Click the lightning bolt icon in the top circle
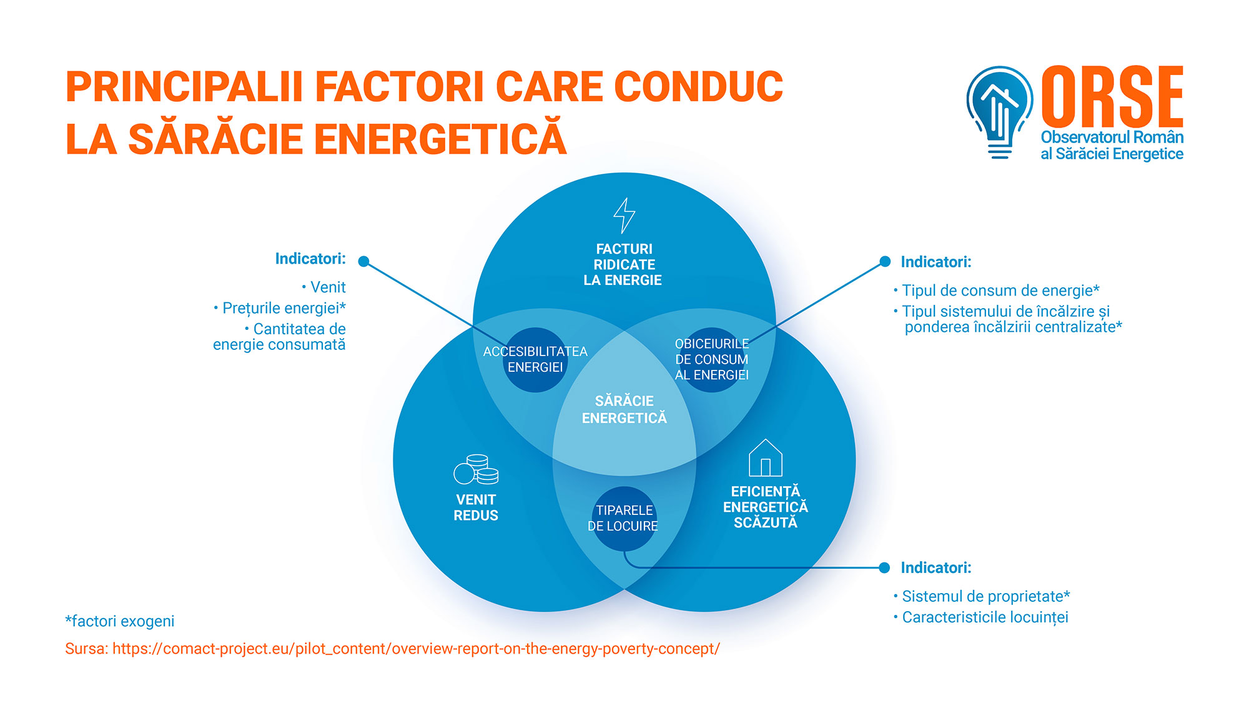(x=624, y=216)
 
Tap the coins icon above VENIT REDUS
(x=476, y=470)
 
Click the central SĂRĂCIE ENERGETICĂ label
(x=624, y=409)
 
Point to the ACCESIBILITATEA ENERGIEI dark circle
(x=535, y=360)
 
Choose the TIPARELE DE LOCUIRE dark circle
(x=624, y=519)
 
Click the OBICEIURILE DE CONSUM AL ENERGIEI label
(x=712, y=359)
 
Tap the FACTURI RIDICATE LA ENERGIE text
(x=623, y=265)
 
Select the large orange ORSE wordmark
(x=1112, y=97)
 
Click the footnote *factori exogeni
(x=120, y=621)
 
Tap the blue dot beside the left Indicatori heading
(x=364, y=261)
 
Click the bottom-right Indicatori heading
(x=936, y=568)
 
